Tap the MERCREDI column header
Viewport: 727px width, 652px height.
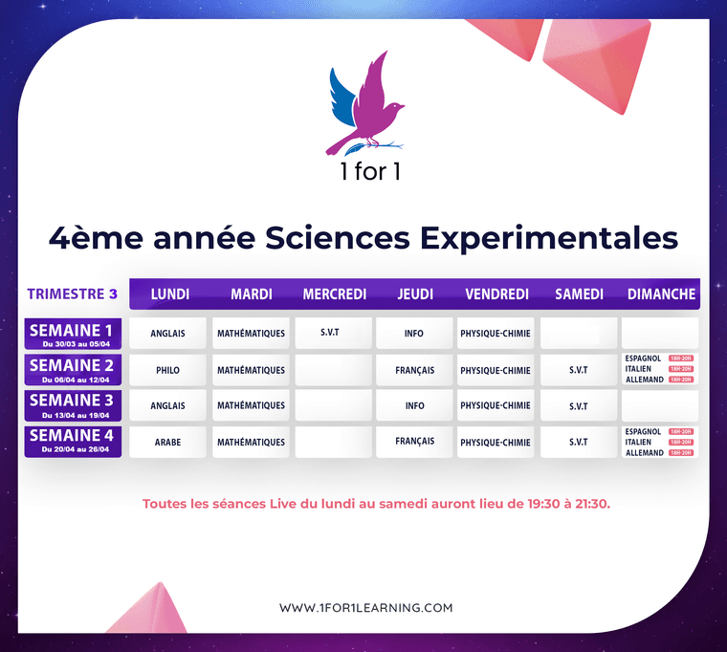[334, 293]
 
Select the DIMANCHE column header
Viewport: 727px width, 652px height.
[661, 293]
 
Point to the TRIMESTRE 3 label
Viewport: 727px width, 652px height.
[73, 293]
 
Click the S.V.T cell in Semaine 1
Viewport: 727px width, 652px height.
[333, 331]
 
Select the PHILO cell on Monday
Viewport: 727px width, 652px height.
[167, 370]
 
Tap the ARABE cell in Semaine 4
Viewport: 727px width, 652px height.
[167, 442]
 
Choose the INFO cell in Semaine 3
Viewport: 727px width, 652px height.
[414, 405]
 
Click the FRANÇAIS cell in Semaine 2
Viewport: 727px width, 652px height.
[414, 370]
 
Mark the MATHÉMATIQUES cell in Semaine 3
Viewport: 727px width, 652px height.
[251, 405]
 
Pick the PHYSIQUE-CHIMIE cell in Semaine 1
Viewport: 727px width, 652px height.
[495, 334]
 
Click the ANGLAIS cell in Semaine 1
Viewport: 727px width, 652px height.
[167, 334]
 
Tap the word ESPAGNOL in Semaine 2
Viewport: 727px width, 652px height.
[642, 359]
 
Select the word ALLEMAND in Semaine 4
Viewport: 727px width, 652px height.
[644, 452]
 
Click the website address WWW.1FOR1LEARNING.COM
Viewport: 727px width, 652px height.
[365, 607]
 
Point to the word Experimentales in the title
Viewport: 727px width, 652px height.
[545, 237]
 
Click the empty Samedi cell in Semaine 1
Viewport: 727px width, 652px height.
[578, 334]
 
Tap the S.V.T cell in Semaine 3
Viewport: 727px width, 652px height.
[578, 406]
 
